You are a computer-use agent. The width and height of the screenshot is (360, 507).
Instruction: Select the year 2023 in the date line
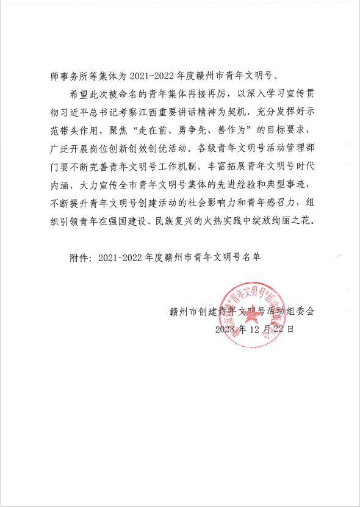225,329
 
